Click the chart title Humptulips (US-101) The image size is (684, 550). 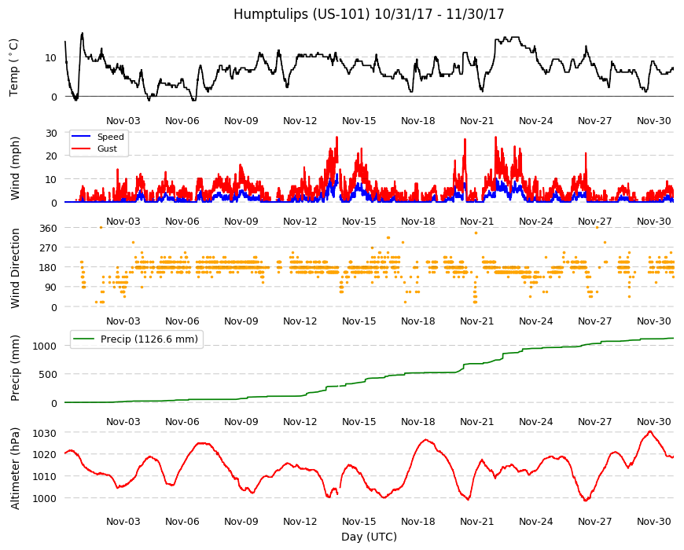tap(301, 14)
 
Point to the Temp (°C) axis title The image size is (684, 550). tap(14, 67)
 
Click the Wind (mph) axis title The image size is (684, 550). tap(15, 168)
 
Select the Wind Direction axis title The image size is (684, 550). tap(15, 268)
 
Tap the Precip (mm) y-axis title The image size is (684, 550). tap(15, 368)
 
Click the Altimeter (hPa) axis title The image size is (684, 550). tap(15, 468)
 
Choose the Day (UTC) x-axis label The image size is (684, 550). tap(369, 537)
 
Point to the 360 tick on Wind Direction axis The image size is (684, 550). tap(48, 228)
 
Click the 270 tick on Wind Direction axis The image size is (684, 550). tap(48, 248)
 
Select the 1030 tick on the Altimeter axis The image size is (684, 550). tap(45, 433)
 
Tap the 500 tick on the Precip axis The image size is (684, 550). tap(48, 374)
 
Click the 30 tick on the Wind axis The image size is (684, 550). tap(51, 133)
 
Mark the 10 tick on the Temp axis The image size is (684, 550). tap(51, 57)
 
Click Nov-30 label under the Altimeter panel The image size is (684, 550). tap(653, 521)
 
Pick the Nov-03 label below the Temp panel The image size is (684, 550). tap(123, 121)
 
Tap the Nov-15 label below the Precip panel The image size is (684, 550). tap(359, 421)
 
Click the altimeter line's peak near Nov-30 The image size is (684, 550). tap(650, 431)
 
